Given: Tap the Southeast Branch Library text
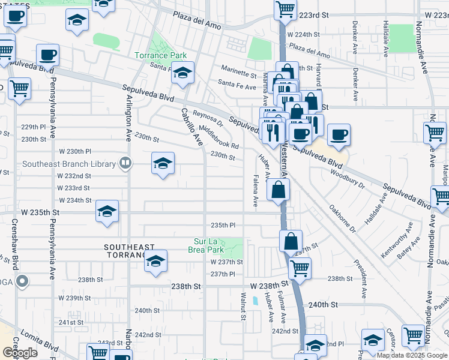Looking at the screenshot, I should (x=69, y=164).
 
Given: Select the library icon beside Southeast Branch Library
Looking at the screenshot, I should (x=125, y=161).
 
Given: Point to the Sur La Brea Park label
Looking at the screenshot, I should (x=206, y=245).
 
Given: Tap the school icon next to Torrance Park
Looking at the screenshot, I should (x=182, y=73).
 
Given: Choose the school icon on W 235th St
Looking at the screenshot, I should (x=107, y=212).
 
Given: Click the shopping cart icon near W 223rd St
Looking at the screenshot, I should (x=285, y=9).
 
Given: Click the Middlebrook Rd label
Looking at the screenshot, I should (x=220, y=138).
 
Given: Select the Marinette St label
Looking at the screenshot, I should (x=238, y=71).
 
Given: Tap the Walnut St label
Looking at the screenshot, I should (x=244, y=306).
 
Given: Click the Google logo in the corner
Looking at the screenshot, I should (x=20, y=353).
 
